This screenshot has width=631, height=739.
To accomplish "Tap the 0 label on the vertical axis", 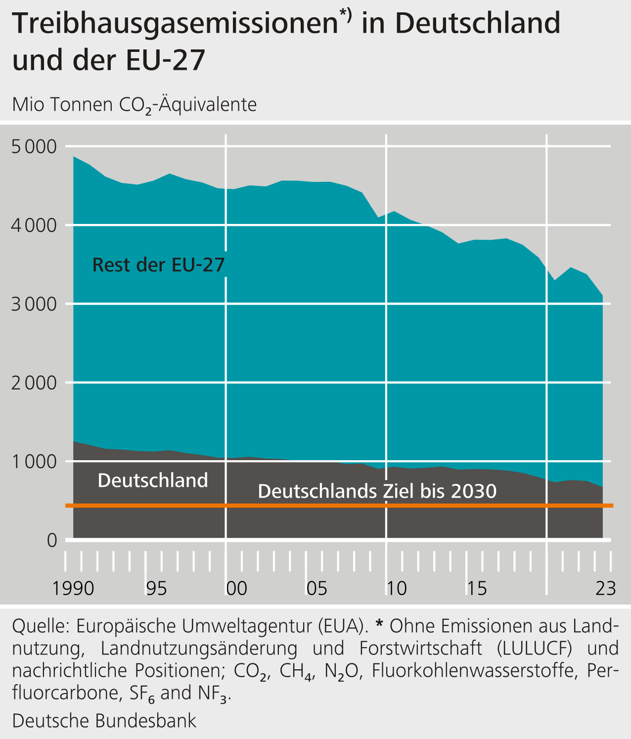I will (x=52, y=540).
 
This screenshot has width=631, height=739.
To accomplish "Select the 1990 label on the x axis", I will (x=73, y=588).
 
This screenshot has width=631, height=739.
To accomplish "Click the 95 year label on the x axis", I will (x=156, y=588).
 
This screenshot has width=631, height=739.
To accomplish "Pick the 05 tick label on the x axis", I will (x=316, y=588).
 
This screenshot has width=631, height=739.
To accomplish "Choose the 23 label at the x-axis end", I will (x=605, y=588).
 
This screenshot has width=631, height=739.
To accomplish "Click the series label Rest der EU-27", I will (x=158, y=265).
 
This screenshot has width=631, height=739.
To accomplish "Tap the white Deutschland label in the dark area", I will (x=153, y=480).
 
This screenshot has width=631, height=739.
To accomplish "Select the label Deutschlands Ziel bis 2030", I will (x=377, y=491).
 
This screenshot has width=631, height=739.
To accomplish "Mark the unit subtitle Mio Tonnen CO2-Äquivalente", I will (x=134, y=105).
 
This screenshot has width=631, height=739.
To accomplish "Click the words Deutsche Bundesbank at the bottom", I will (x=104, y=720).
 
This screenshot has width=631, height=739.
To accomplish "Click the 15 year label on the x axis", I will (x=477, y=588).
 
